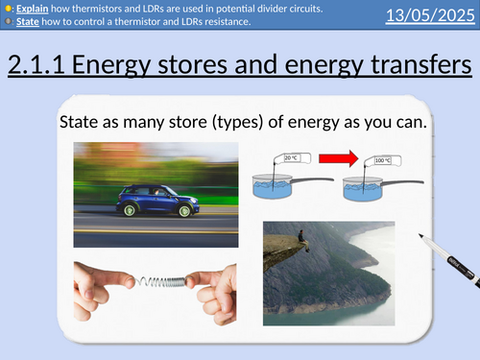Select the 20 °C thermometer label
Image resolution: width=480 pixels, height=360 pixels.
[x=291, y=156]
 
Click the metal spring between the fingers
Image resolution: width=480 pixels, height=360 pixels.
[x=155, y=281]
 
